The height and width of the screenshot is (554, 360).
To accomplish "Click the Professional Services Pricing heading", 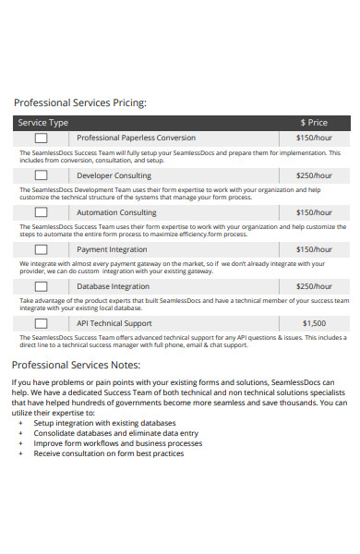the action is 80,102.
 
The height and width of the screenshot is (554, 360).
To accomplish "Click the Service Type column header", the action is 43,122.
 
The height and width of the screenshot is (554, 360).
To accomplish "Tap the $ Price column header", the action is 314,122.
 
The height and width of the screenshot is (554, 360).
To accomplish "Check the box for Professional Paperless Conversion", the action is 42,138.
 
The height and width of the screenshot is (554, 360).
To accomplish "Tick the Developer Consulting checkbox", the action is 42,175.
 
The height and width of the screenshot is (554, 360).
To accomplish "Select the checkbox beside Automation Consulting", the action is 42,212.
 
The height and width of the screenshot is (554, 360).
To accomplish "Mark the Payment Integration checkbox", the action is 42,249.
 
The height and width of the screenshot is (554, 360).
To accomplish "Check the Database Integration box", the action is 42,286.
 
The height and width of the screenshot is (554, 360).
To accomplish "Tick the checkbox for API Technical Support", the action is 42,323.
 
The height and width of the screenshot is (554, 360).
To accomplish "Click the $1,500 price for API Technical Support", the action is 314,323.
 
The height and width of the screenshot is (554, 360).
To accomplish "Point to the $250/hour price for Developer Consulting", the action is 314,175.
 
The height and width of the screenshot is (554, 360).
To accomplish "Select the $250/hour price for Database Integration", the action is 314,286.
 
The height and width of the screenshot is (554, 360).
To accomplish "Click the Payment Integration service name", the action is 112,249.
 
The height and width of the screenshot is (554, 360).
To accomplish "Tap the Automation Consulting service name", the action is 116,212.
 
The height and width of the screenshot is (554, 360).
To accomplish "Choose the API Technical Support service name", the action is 114,323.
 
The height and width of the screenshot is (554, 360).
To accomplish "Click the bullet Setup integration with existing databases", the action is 104,423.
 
